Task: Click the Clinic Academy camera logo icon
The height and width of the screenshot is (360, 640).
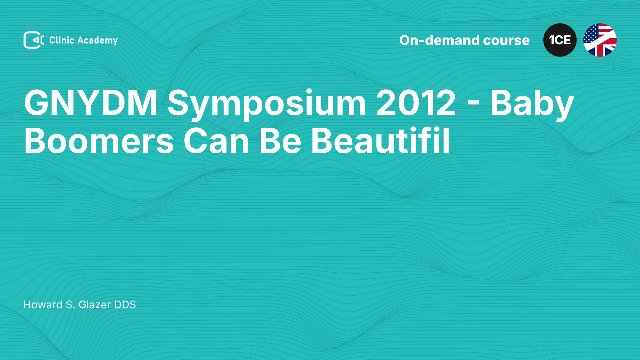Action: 34,40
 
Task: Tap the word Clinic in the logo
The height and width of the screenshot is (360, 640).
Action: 62,40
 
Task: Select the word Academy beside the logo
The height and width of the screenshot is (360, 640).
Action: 98,41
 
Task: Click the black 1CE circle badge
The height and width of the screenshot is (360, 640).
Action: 560,40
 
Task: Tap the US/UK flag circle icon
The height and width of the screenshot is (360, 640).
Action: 600,40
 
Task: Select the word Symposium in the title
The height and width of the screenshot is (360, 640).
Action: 267,105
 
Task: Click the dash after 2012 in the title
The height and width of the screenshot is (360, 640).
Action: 473,105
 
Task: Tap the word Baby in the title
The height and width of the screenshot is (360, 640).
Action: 532,105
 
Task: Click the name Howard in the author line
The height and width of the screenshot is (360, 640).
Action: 43,305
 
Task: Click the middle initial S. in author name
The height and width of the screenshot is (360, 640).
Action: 70,305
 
